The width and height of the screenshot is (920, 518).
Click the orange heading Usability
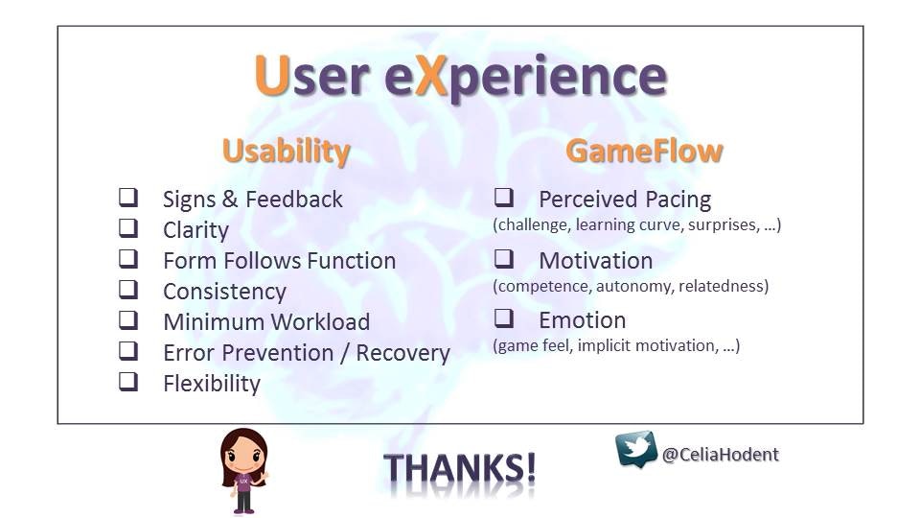click(287, 152)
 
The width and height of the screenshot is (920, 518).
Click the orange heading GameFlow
click(644, 151)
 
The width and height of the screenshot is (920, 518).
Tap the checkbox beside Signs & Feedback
click(128, 198)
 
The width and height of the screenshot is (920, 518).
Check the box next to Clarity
click(128, 228)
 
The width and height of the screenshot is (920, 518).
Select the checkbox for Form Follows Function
click(128, 258)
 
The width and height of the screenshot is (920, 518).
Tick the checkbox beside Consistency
click(128, 289)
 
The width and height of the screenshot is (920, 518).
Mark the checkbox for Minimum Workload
click(128, 320)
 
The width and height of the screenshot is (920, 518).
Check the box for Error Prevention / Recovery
click(128, 351)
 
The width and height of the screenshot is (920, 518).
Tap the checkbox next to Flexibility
click(128, 381)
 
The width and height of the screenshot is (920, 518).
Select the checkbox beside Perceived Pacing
click(504, 198)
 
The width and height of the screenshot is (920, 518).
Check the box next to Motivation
click(504, 258)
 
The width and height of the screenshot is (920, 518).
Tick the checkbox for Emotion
click(504, 318)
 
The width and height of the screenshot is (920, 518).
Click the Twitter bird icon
click(636, 449)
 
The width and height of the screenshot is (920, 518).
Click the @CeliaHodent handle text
click(721, 455)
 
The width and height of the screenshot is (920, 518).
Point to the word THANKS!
click(459, 469)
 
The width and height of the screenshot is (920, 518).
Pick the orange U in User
click(271, 76)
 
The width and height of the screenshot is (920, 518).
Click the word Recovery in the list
click(403, 353)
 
